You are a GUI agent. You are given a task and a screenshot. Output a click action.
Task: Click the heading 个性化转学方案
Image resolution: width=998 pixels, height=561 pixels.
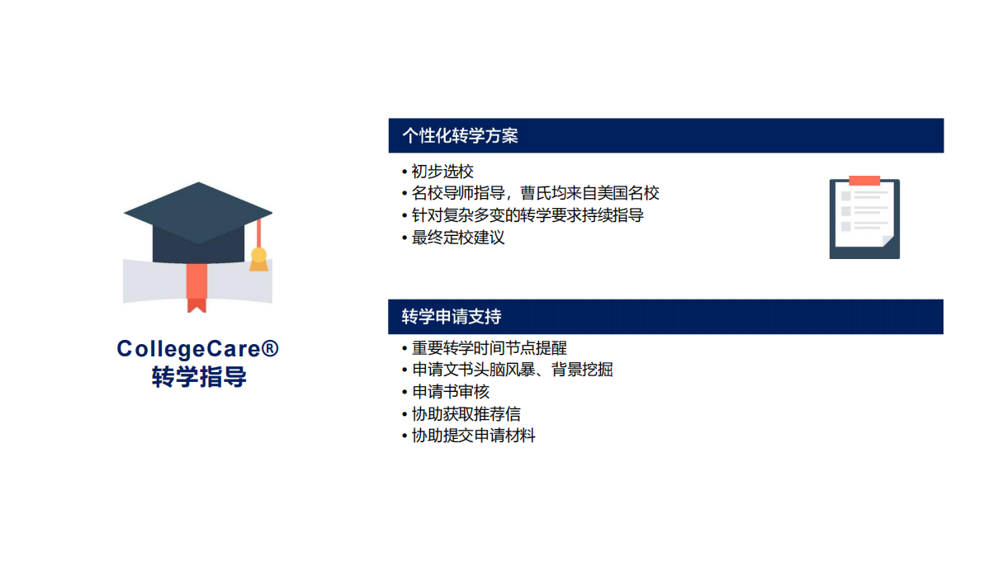(x=461, y=136)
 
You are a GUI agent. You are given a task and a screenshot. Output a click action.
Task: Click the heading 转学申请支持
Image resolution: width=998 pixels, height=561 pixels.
(x=452, y=317)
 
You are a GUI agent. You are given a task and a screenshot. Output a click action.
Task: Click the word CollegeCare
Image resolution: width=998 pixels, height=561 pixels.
(x=188, y=349)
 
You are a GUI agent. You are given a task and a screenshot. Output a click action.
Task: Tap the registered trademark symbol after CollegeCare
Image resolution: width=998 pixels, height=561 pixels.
(x=270, y=347)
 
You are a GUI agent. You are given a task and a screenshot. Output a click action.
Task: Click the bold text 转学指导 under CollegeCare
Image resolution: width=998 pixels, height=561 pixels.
(x=199, y=377)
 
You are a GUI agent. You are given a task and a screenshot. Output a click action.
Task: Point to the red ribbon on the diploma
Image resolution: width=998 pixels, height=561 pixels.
(x=196, y=288)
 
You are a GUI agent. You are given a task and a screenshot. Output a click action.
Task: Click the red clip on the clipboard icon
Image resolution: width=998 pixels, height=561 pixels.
(x=864, y=181)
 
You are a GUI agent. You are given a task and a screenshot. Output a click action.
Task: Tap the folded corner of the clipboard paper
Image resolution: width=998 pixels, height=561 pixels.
(x=888, y=241)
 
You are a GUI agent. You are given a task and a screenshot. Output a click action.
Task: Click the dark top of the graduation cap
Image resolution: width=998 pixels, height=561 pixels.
(x=198, y=213)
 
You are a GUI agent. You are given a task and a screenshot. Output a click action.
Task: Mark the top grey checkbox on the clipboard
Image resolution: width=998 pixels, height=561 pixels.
(x=845, y=196)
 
